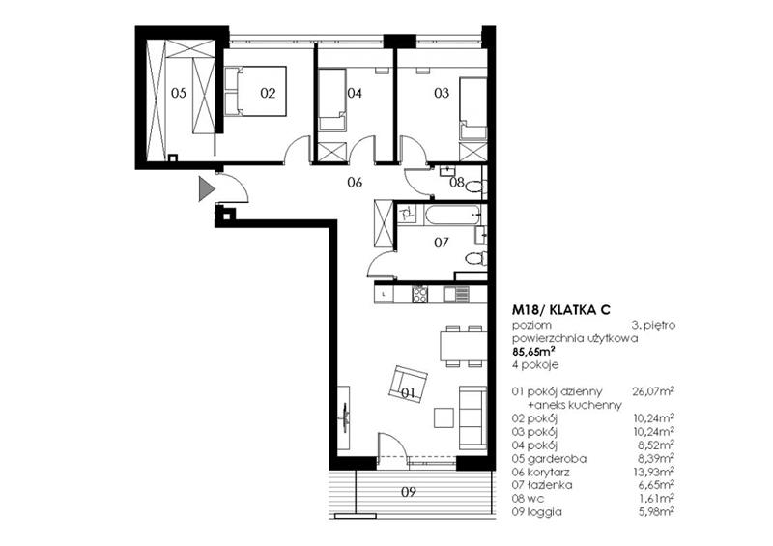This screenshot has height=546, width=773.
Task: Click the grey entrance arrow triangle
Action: [x=206, y=188]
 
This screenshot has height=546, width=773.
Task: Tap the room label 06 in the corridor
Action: [x=355, y=183]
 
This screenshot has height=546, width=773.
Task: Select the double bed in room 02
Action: [x=255, y=91]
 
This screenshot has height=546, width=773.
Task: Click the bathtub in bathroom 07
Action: [x=453, y=216]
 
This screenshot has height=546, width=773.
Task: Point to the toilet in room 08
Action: [x=475, y=187]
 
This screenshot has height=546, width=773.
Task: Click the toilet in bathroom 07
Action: [x=476, y=258]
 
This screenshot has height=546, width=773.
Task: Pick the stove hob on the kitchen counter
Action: [x=420, y=295]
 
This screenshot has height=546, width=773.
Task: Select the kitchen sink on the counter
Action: [x=455, y=295]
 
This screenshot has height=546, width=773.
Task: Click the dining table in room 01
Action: [x=464, y=346]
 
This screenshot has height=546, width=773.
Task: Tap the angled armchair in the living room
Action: [x=408, y=384]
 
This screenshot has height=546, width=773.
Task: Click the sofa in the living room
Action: [x=472, y=417]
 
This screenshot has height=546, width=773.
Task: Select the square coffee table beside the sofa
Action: [x=444, y=417]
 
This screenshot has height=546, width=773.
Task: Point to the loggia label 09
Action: [x=408, y=492]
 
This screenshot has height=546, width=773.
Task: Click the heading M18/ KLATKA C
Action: [x=561, y=310]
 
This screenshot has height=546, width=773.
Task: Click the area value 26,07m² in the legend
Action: [x=653, y=391]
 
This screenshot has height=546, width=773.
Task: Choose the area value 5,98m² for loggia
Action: [x=655, y=512]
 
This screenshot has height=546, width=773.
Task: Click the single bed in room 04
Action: [x=331, y=100]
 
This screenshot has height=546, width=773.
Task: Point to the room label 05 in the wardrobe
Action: [x=179, y=93]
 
